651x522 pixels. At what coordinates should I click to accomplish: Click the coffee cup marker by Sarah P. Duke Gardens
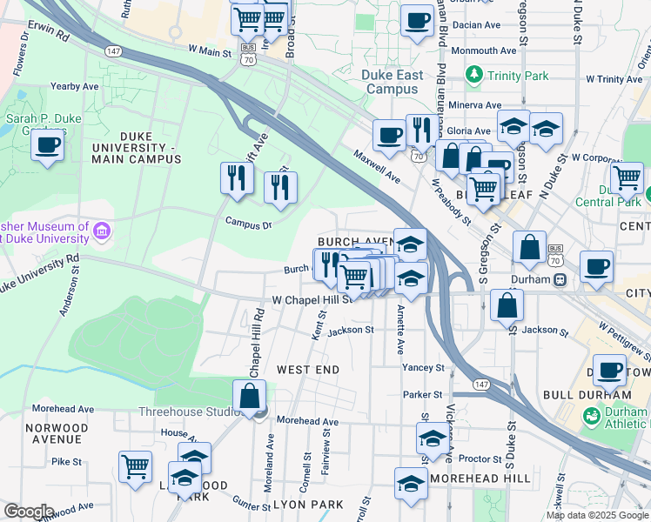pyautogui.click(x=48, y=145)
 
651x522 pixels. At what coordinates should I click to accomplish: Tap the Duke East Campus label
pyautogui.click(x=393, y=82)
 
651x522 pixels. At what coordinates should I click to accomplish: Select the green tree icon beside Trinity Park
pyautogui.click(x=474, y=76)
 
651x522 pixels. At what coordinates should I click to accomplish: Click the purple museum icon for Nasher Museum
pyautogui.click(x=103, y=231)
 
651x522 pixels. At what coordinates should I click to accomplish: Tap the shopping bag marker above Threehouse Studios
pyautogui.click(x=250, y=396)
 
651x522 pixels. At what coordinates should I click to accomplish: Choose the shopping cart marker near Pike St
pyautogui.click(x=135, y=468)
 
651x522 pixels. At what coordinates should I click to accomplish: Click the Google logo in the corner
pyautogui.click(x=29, y=512)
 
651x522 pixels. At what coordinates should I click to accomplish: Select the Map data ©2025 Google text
pyautogui.click(x=596, y=515)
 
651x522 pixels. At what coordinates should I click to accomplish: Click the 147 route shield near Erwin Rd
pyautogui.click(x=113, y=51)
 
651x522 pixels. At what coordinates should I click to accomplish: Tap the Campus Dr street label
pyautogui.click(x=249, y=223)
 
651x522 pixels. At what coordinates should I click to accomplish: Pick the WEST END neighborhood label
pyautogui.click(x=307, y=370)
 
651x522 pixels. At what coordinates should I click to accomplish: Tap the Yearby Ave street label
pyautogui.click(x=75, y=86)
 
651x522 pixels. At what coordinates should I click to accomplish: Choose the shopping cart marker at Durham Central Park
pyautogui.click(x=626, y=177)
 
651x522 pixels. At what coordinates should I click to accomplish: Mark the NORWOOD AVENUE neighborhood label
pyautogui.click(x=57, y=433)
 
